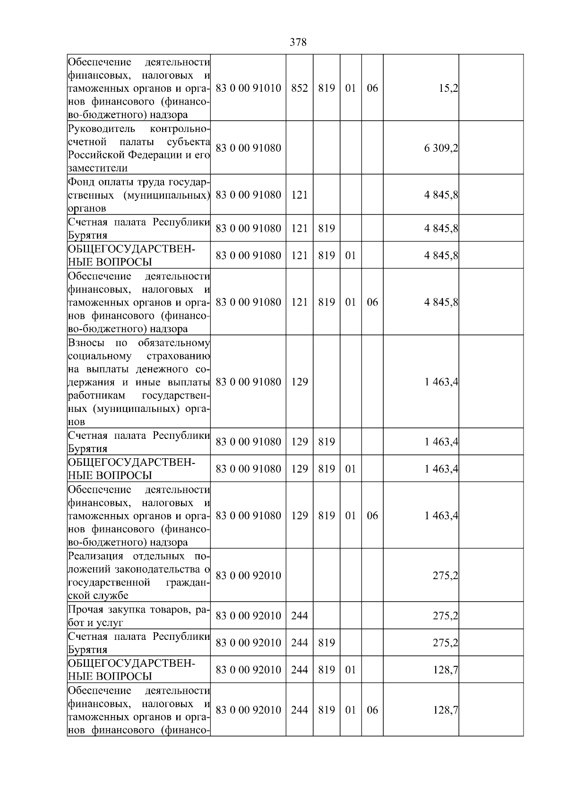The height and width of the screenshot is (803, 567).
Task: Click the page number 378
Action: click(298, 43)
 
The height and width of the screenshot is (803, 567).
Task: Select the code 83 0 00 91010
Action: click(248, 88)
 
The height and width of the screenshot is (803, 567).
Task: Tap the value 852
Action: click(299, 88)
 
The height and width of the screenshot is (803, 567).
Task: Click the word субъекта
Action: click(189, 142)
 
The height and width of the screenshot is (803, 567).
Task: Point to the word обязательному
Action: click(174, 343)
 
